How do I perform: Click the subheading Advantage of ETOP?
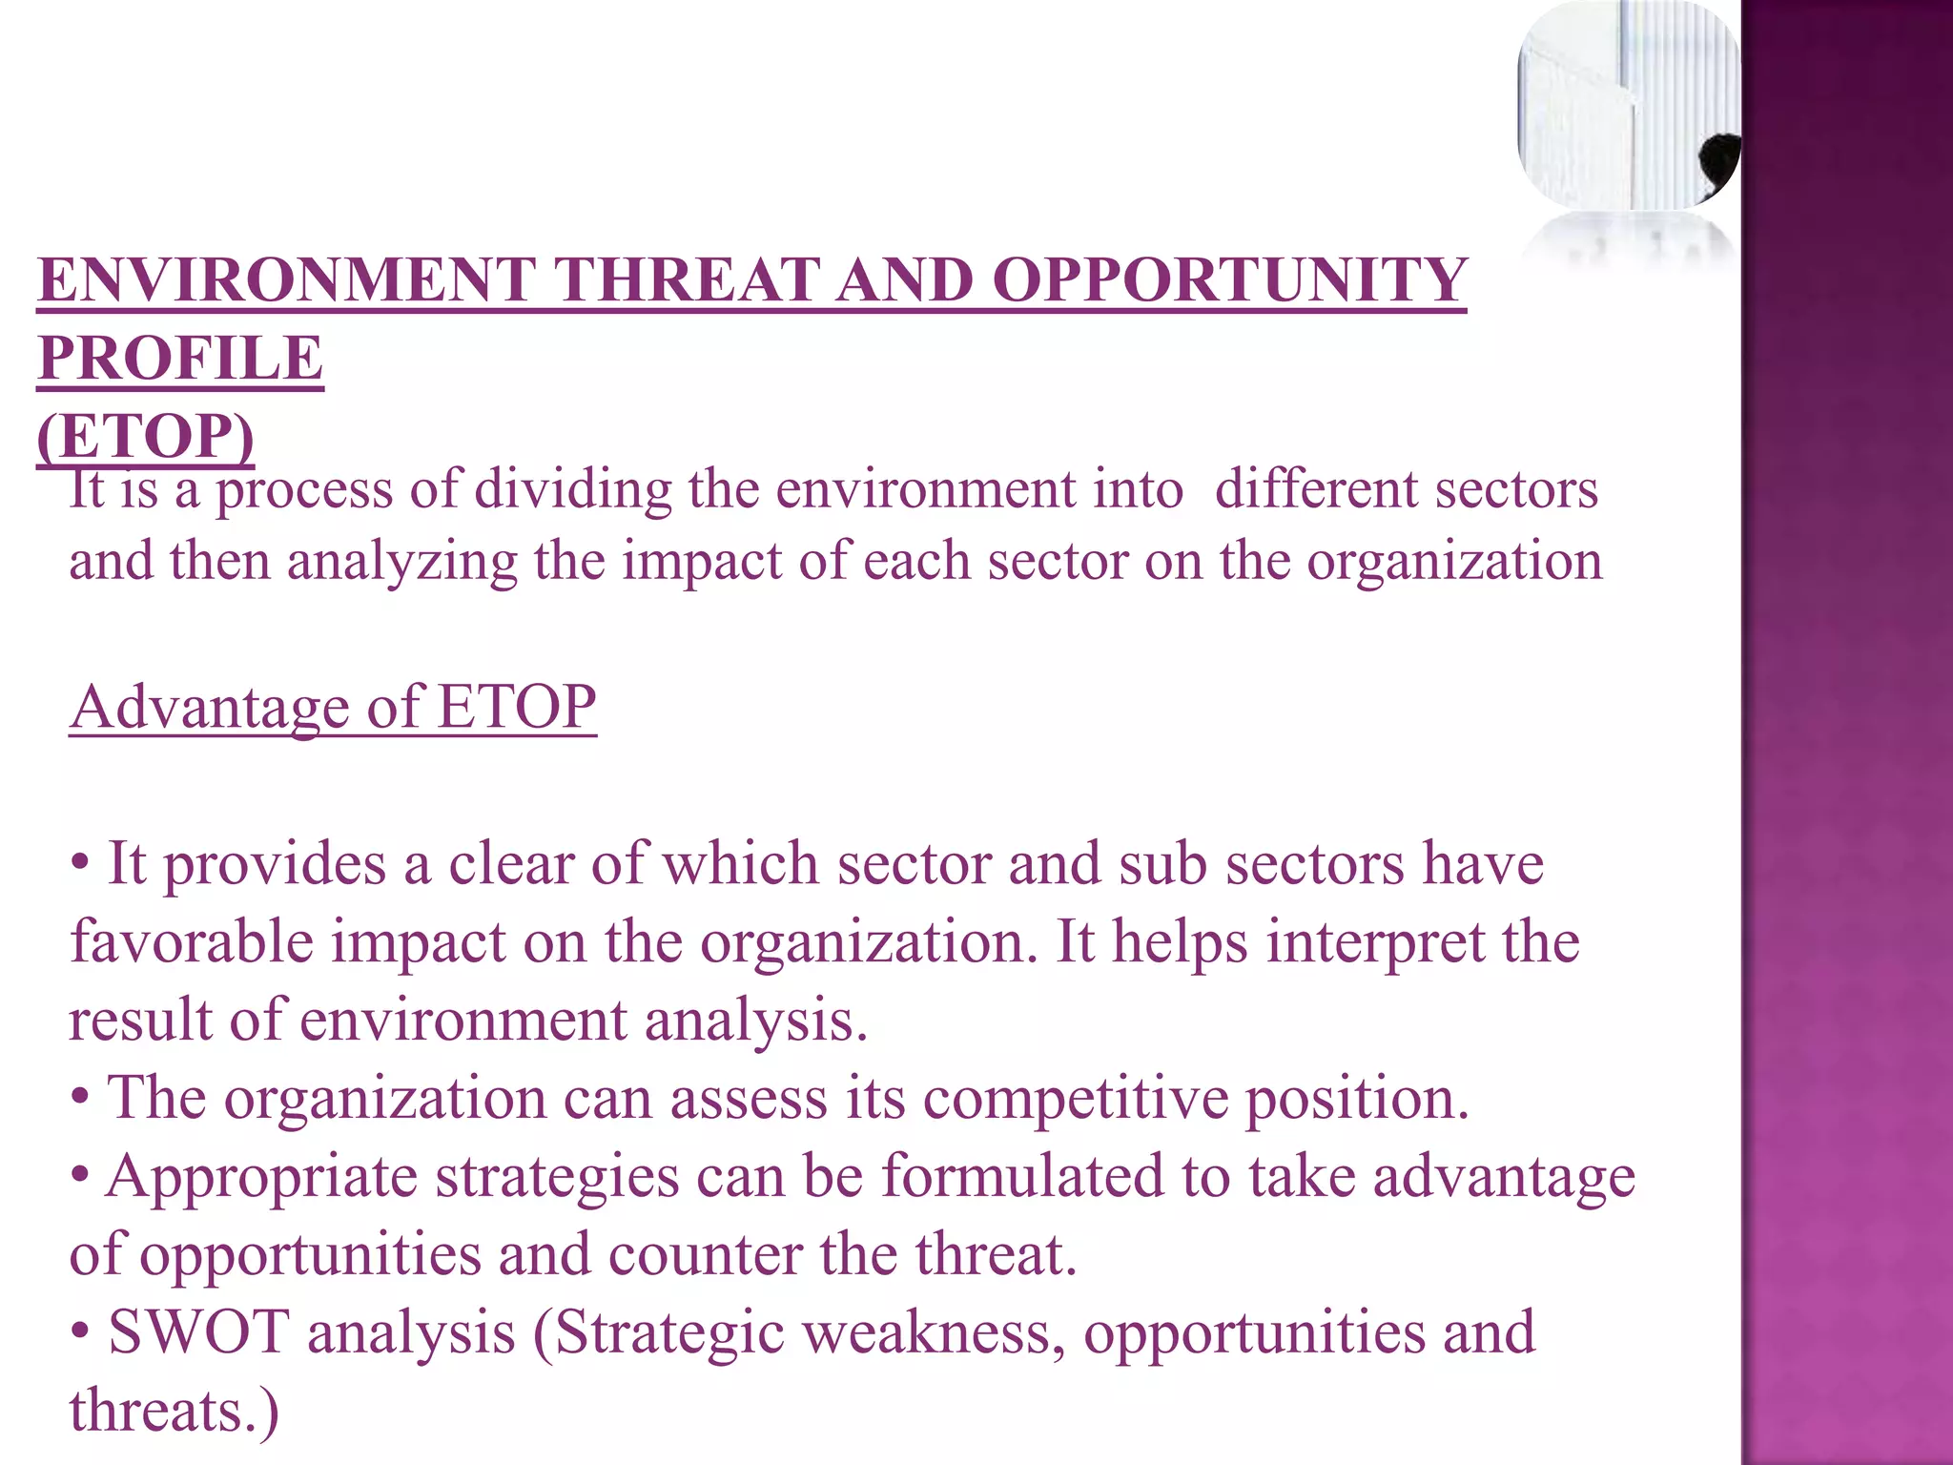[333, 707]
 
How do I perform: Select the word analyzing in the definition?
[401, 561]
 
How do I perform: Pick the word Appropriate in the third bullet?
[261, 1177]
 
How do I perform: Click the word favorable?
[192, 942]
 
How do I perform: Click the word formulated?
[1021, 1175]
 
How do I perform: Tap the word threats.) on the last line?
[175, 1411]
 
